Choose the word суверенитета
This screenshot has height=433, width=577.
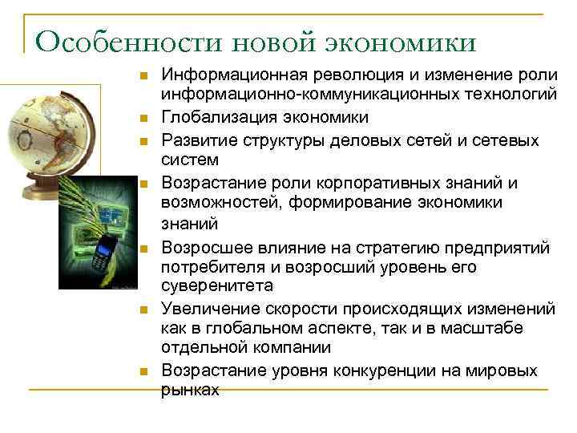pyautogui.click(x=217, y=285)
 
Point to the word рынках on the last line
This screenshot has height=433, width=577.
pyautogui.click(x=190, y=390)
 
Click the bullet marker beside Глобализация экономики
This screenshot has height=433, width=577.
pyautogui.click(x=142, y=119)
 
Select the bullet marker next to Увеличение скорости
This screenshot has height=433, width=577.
pyautogui.click(x=142, y=307)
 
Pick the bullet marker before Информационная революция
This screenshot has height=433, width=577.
pyautogui.click(x=142, y=77)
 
